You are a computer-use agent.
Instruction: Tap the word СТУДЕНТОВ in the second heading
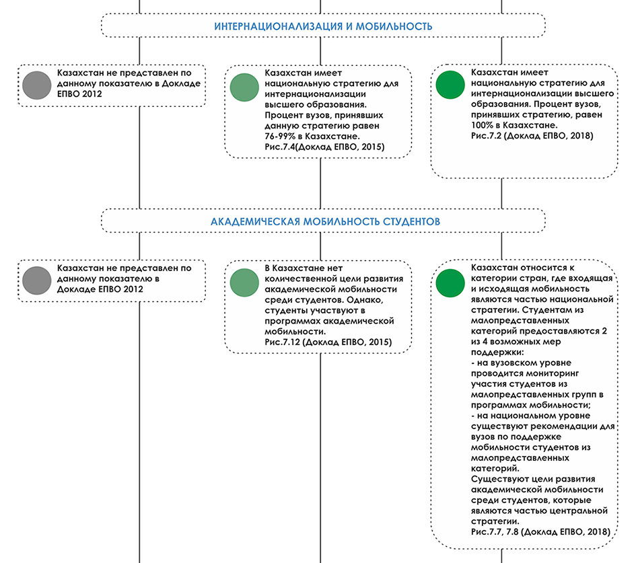(x=411, y=222)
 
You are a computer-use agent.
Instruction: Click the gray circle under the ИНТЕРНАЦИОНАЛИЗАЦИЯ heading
(x=37, y=85)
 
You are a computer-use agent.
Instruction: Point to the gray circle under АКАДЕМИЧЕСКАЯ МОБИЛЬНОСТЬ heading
(x=37, y=280)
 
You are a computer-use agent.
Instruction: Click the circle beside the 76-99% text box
(x=244, y=87)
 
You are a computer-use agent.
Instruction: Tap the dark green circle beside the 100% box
(x=450, y=85)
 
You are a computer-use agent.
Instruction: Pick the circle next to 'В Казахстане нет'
(x=244, y=283)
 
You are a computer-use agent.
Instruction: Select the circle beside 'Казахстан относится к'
(x=450, y=283)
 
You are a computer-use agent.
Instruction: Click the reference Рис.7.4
(x=280, y=147)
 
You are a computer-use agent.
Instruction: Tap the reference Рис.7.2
(x=487, y=136)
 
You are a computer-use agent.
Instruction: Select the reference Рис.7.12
(x=282, y=342)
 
